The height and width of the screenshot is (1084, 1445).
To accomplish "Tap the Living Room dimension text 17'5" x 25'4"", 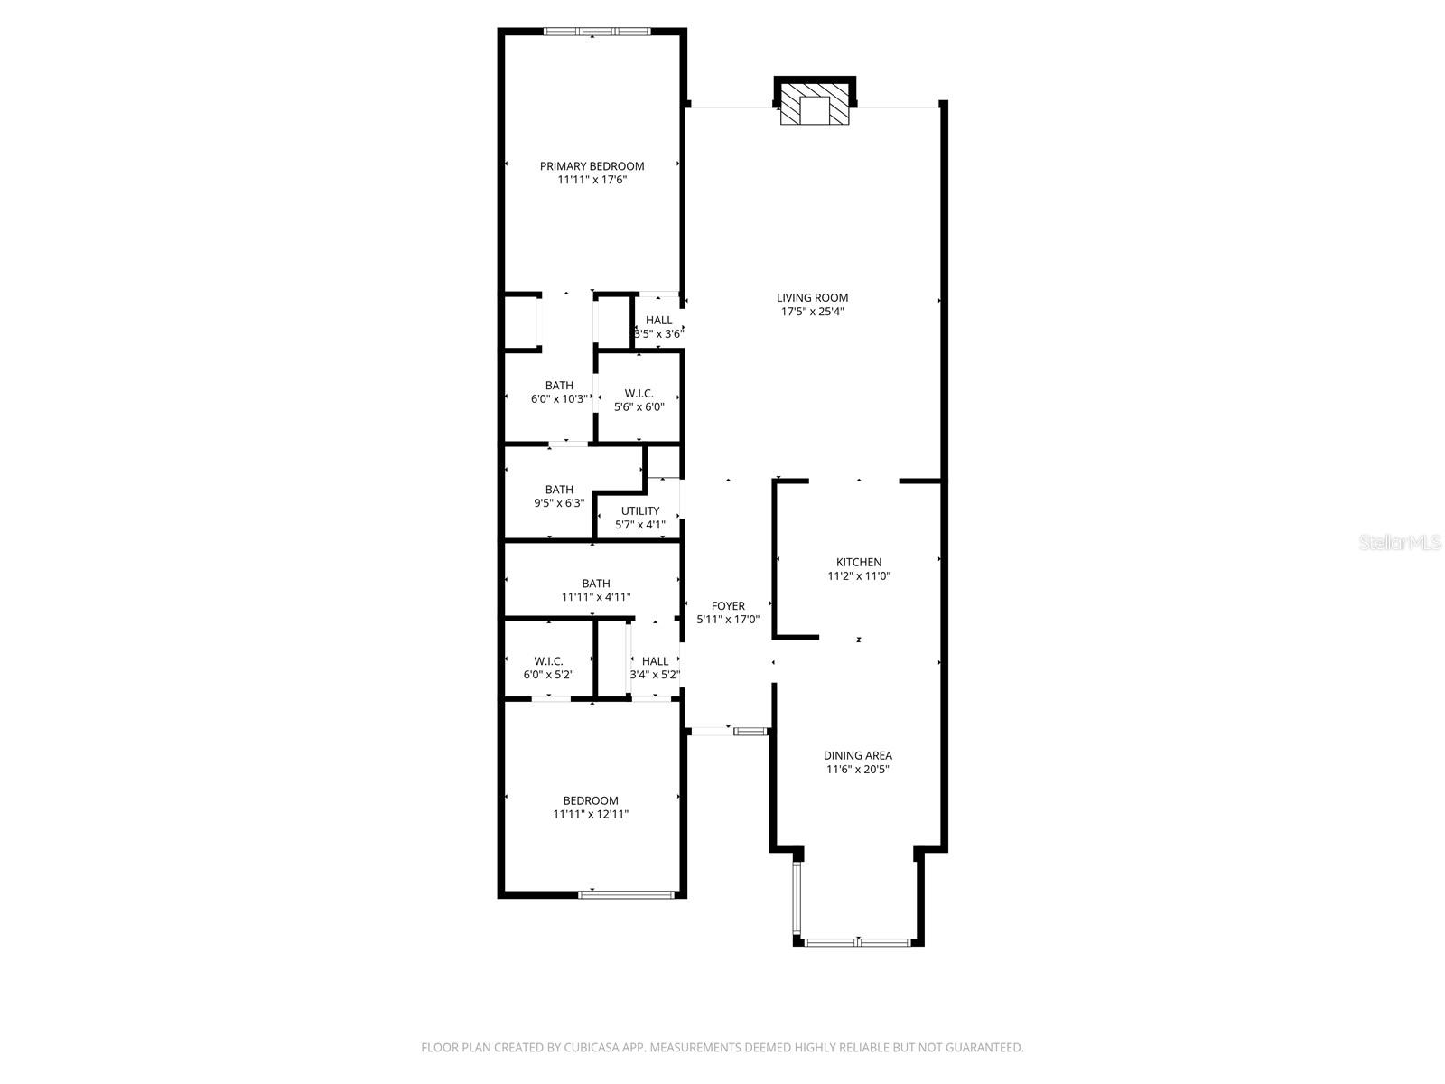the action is [x=812, y=312].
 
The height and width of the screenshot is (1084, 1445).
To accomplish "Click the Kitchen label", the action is [x=858, y=562].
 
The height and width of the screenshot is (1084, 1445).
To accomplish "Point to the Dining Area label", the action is [x=857, y=755].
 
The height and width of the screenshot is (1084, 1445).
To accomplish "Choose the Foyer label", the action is [x=727, y=605].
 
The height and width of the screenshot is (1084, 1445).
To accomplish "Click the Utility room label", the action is [x=640, y=510].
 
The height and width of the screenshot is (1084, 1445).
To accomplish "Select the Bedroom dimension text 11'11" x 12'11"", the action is [x=591, y=814].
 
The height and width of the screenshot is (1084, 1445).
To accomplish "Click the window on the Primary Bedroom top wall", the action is [x=597, y=31].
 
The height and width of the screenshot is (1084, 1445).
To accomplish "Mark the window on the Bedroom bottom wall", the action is [x=627, y=894].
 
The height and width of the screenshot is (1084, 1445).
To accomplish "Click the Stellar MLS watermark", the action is [x=1400, y=542].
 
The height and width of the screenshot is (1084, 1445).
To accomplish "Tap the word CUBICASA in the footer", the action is [x=592, y=1047].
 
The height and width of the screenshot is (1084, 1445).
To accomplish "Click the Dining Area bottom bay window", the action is [x=858, y=942].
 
